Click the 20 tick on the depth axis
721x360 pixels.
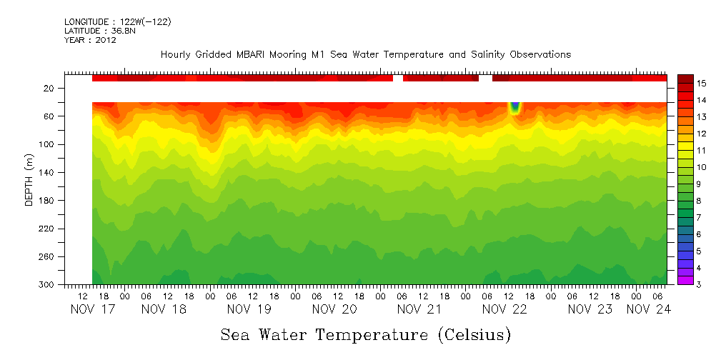click(50, 88)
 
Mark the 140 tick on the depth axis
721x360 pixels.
click(48, 172)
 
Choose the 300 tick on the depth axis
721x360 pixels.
click(48, 284)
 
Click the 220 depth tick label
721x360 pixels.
click(48, 229)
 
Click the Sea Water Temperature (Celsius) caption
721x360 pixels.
click(365, 335)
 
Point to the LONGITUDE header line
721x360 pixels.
click(117, 22)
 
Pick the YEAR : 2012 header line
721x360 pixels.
click(90, 40)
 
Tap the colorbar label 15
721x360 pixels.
click(702, 84)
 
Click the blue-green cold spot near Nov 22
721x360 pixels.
click(514, 108)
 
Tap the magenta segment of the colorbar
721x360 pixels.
click(685, 280)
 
